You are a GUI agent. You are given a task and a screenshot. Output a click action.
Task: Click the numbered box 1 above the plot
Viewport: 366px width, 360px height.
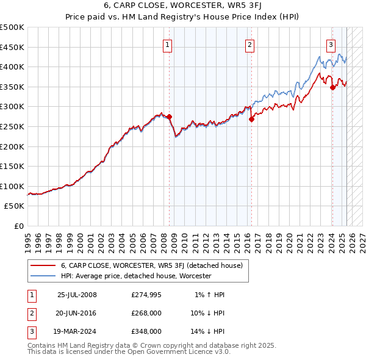pyautogui.click(x=167, y=44)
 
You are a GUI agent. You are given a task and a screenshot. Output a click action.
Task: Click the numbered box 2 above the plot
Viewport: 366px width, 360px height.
pyautogui.click(x=250, y=44)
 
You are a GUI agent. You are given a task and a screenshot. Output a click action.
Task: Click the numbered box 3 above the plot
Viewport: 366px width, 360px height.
pyautogui.click(x=331, y=44)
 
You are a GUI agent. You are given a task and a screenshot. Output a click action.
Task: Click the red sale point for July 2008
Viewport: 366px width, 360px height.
pyautogui.click(x=170, y=117)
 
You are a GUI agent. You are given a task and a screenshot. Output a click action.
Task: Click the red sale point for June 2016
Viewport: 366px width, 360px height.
pyautogui.click(x=251, y=120)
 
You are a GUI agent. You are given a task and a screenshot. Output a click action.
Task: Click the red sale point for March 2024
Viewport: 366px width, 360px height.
pyautogui.click(x=332, y=87)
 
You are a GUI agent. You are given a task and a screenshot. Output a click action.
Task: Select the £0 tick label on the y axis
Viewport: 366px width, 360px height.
pyautogui.click(x=20, y=226)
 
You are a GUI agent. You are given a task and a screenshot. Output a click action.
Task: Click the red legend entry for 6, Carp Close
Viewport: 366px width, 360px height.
pyautogui.click(x=152, y=265)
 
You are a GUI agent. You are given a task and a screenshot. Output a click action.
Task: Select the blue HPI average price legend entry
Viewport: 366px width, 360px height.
pyautogui.click(x=135, y=276)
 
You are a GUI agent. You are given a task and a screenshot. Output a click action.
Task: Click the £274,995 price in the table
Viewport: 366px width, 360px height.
pyautogui.click(x=146, y=295)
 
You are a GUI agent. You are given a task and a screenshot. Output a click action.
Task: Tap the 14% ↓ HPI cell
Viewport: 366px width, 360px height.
pyautogui.click(x=207, y=331)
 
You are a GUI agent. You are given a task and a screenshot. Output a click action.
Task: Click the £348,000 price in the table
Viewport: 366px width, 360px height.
pyautogui.click(x=146, y=331)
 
